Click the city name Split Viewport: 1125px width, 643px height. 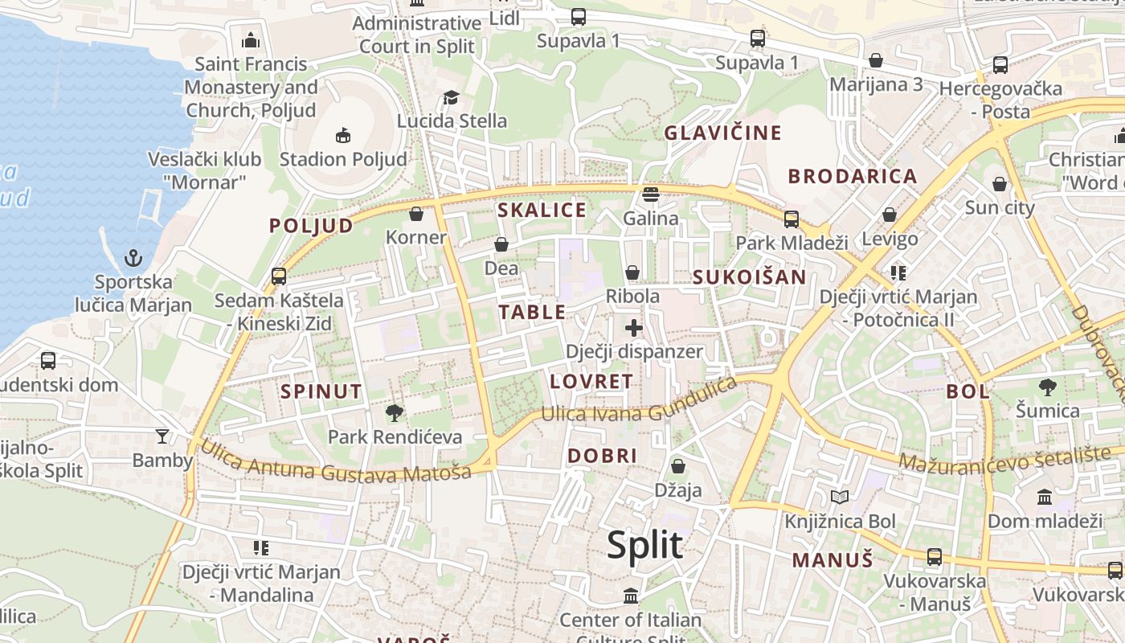(644, 545)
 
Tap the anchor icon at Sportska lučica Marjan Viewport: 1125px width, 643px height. (133, 258)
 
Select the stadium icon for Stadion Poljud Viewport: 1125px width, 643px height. (343, 134)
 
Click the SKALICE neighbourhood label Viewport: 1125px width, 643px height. (542, 211)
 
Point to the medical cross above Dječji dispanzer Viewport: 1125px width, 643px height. (634, 327)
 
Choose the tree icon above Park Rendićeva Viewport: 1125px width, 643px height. (394, 413)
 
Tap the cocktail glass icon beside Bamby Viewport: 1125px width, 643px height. (162, 436)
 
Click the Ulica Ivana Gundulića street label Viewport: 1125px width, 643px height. (639, 402)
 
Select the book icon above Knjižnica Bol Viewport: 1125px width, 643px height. (840, 498)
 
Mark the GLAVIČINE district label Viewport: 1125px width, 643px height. (722, 133)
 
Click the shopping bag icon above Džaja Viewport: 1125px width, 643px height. (678, 466)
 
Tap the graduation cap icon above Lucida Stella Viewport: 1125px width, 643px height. (451, 98)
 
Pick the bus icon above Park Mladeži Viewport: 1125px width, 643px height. (792, 219)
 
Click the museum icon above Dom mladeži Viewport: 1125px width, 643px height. (1045, 498)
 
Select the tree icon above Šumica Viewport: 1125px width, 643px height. (1047, 387)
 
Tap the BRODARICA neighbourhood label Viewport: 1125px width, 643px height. (852, 177)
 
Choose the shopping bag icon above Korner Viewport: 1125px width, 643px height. (416, 214)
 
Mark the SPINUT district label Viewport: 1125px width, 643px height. (321, 392)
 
